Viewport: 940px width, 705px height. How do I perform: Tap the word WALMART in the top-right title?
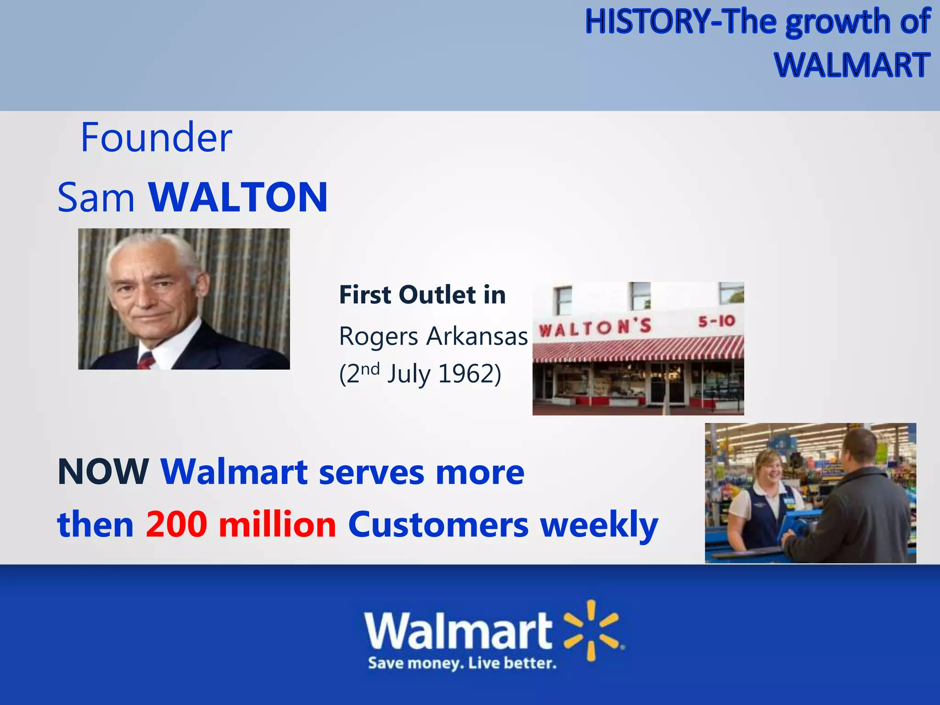click(x=852, y=65)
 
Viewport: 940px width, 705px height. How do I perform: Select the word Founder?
click(x=156, y=137)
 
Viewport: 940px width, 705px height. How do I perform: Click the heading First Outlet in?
click(x=422, y=295)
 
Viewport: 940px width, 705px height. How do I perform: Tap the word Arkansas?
click(x=477, y=336)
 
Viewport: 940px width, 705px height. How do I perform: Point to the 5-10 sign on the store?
click(x=716, y=321)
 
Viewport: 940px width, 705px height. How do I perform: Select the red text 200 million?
click(x=241, y=524)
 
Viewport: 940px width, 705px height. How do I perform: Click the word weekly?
click(x=599, y=524)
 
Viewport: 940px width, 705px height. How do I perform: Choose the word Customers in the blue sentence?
click(x=438, y=524)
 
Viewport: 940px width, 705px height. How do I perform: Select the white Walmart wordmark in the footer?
click(x=459, y=631)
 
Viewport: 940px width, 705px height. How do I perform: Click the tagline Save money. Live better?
click(x=462, y=663)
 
